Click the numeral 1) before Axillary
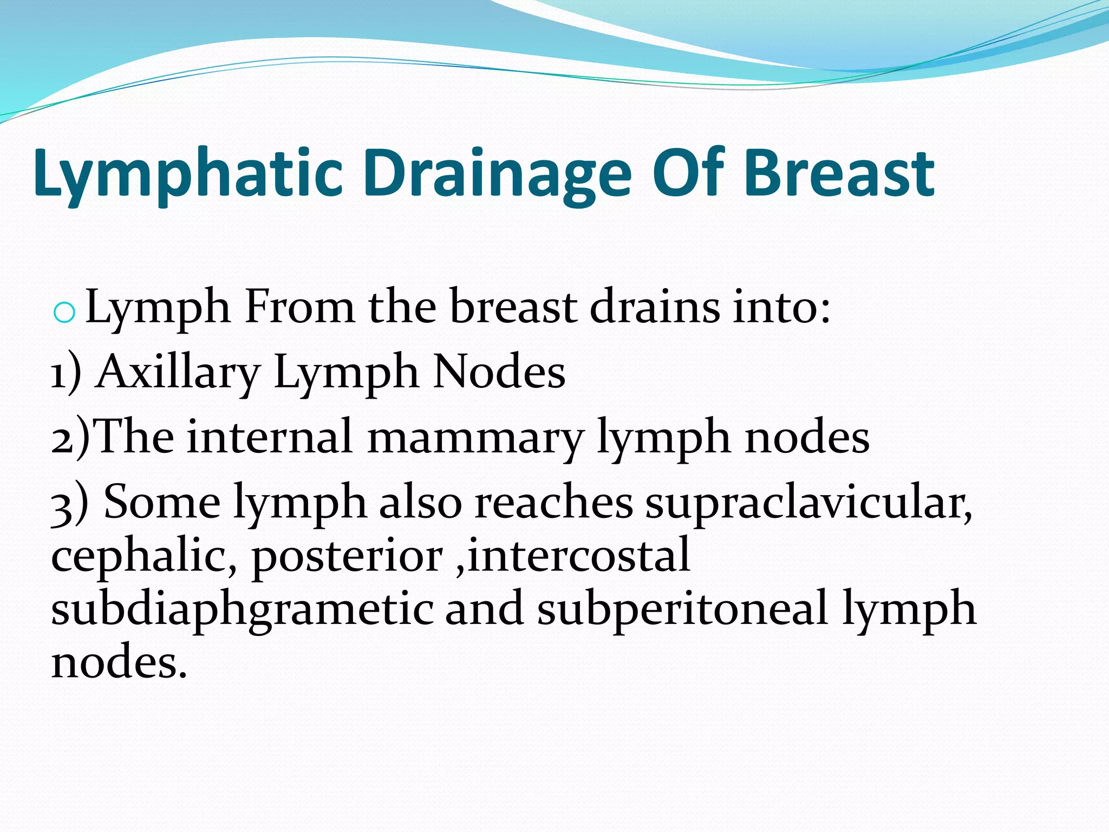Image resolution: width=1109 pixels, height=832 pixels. [x=66, y=373]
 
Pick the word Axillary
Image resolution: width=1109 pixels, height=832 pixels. [x=178, y=373]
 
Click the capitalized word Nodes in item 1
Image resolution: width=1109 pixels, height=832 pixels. [x=499, y=372]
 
